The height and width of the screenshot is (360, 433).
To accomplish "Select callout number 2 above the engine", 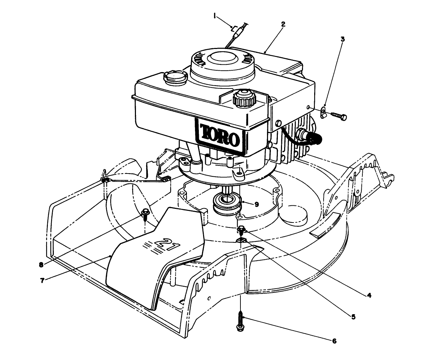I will pyautogui.click(x=283, y=24).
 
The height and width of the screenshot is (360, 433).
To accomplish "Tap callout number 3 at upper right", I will pyautogui.click(x=342, y=39).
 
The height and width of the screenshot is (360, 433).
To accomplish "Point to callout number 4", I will pyautogui.click(x=368, y=295).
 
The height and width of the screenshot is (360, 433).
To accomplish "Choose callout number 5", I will pyautogui.click(x=353, y=317).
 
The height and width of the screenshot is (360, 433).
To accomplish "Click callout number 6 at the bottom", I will pyautogui.click(x=334, y=341).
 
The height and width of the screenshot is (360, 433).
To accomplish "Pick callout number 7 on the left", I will pyautogui.click(x=42, y=280).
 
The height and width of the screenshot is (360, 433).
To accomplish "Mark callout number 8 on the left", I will pyautogui.click(x=41, y=265).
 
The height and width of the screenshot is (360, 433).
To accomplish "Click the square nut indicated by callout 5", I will pyautogui.click(x=241, y=240).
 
